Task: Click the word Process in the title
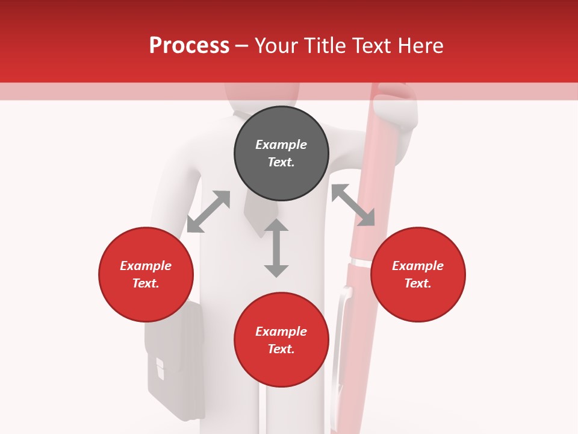tap(189, 46)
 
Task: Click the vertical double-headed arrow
tap(276, 248)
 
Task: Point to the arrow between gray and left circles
tap(208, 212)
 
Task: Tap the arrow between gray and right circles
tap(353, 205)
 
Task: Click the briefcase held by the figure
tap(175, 362)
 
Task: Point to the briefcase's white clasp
tap(160, 367)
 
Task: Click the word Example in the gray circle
tap(281, 145)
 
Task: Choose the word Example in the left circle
tap(146, 266)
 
